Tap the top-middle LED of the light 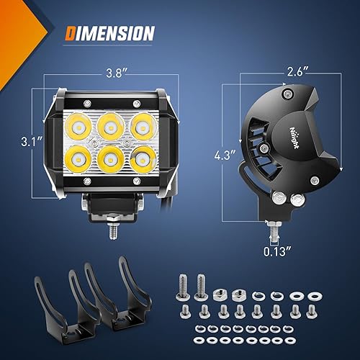click(x=109, y=127)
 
